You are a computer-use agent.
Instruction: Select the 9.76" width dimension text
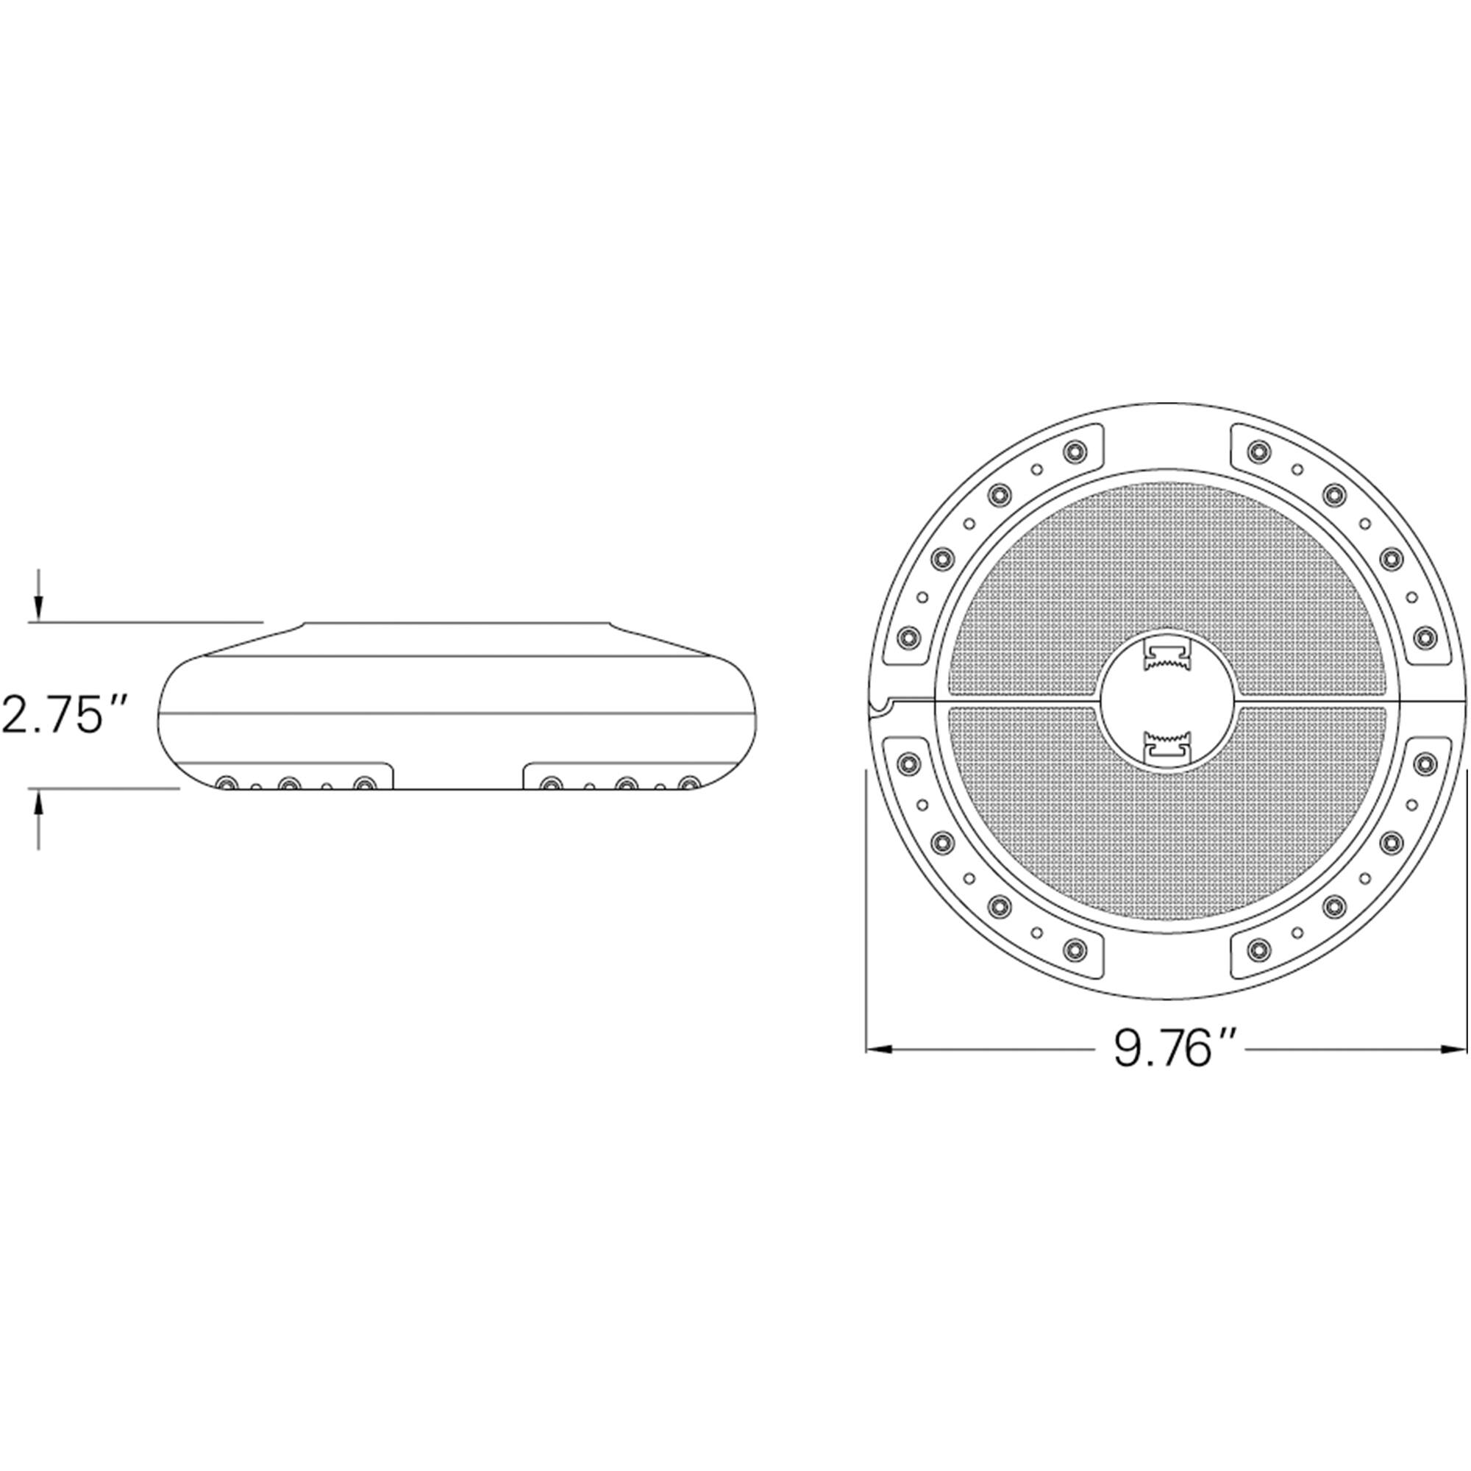(x=1167, y=1050)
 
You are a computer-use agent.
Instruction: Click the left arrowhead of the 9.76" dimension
(x=880, y=1050)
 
